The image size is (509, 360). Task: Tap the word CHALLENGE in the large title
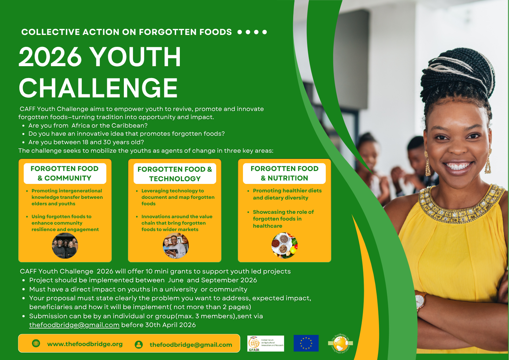click(98, 88)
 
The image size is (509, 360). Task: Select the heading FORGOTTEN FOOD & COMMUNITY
click(64, 173)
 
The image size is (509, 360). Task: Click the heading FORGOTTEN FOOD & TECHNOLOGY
click(175, 174)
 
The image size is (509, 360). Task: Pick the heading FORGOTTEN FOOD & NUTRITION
click(284, 173)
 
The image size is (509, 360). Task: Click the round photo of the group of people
click(65, 246)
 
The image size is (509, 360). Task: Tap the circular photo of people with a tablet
click(175, 246)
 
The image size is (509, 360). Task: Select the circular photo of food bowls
click(284, 245)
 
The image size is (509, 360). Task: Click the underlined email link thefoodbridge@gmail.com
click(74, 325)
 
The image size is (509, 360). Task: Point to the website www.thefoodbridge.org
click(85, 344)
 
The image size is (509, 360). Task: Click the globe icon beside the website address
click(36, 343)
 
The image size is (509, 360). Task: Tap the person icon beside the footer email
click(138, 344)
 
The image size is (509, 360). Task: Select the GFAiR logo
click(266, 343)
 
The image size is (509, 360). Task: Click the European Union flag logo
click(306, 343)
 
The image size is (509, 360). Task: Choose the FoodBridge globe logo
click(340, 343)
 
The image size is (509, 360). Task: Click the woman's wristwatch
click(420, 300)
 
